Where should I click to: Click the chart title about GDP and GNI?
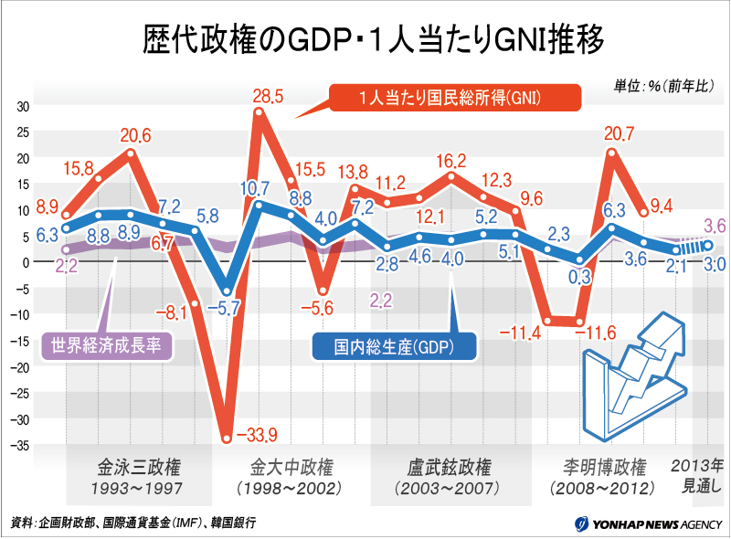coord(365,40)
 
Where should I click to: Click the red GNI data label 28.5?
coord(268,95)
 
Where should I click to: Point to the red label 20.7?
coord(619,135)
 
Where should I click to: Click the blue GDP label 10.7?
coord(255,189)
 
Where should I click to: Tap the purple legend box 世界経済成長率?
coord(108,346)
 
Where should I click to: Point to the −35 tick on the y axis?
coord(21,446)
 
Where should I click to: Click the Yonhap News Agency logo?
coord(648,524)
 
